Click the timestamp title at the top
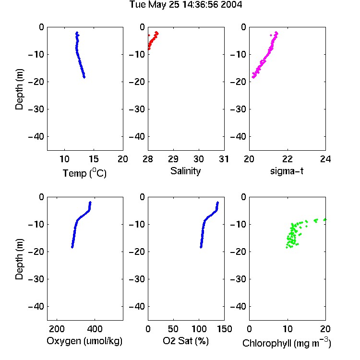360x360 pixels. [185, 4]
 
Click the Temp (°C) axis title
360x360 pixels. [84, 173]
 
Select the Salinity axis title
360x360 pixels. [185, 171]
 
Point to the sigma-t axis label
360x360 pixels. [287, 171]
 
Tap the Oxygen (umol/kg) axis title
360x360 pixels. [84, 341]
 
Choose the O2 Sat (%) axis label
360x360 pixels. [185, 341]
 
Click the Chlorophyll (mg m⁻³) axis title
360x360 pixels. [287, 343]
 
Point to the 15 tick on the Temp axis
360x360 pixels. [94, 159]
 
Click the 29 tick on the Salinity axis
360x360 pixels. [173, 159]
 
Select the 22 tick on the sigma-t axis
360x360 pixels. [288, 159]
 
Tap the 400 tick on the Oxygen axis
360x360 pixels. [95, 329]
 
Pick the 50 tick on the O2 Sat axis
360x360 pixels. [173, 329]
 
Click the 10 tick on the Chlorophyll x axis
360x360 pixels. [288, 329]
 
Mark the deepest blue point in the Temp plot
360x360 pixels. [84, 77]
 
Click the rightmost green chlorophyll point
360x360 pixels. [324, 220]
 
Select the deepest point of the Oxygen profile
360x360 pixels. [72, 247]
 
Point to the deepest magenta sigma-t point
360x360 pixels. [253, 77]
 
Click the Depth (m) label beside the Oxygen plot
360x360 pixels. [19, 259]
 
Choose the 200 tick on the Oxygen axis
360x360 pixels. [57, 329]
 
